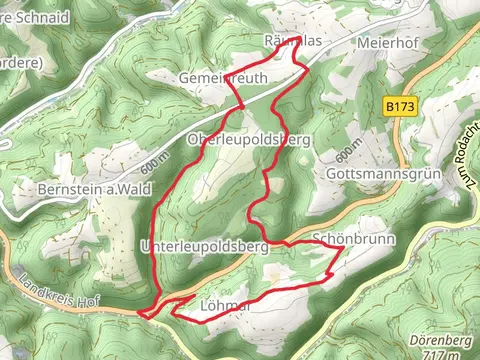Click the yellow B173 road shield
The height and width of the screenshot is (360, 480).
(x=399, y=103)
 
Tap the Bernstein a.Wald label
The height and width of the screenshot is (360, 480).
(x=88, y=190)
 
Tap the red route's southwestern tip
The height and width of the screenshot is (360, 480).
(x=141, y=314)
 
